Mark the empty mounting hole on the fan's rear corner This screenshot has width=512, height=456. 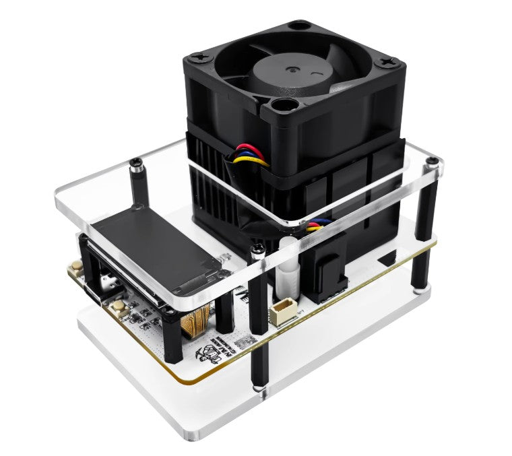pyautogui.click(x=298, y=26)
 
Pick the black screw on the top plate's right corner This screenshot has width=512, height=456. pyautogui.click(x=433, y=162)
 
